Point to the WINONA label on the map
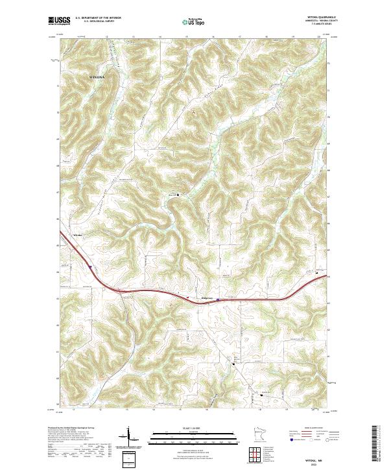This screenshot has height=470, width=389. pos(93,76)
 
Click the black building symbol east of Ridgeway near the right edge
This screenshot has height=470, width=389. pos(317,272)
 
